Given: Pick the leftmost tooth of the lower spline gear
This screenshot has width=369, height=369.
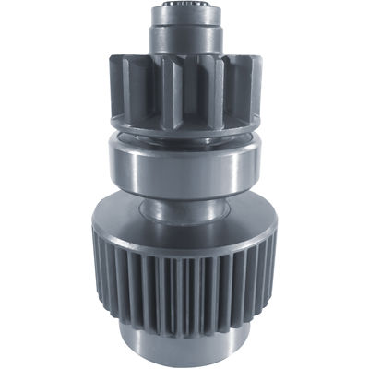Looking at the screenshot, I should pos(96,268).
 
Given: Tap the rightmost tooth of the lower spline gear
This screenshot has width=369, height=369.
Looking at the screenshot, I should pos(273,268).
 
